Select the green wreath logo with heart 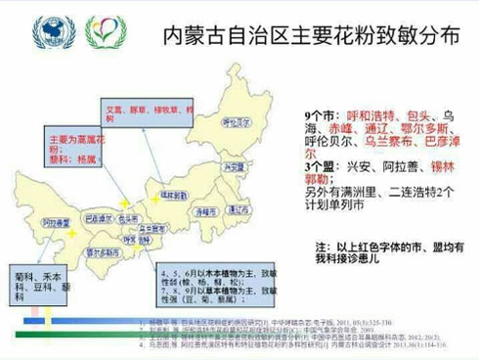pyautogui.click(x=105, y=31)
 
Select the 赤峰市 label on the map pyautogui.click(x=204, y=210)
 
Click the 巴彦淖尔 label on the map pyautogui.click(x=98, y=217)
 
